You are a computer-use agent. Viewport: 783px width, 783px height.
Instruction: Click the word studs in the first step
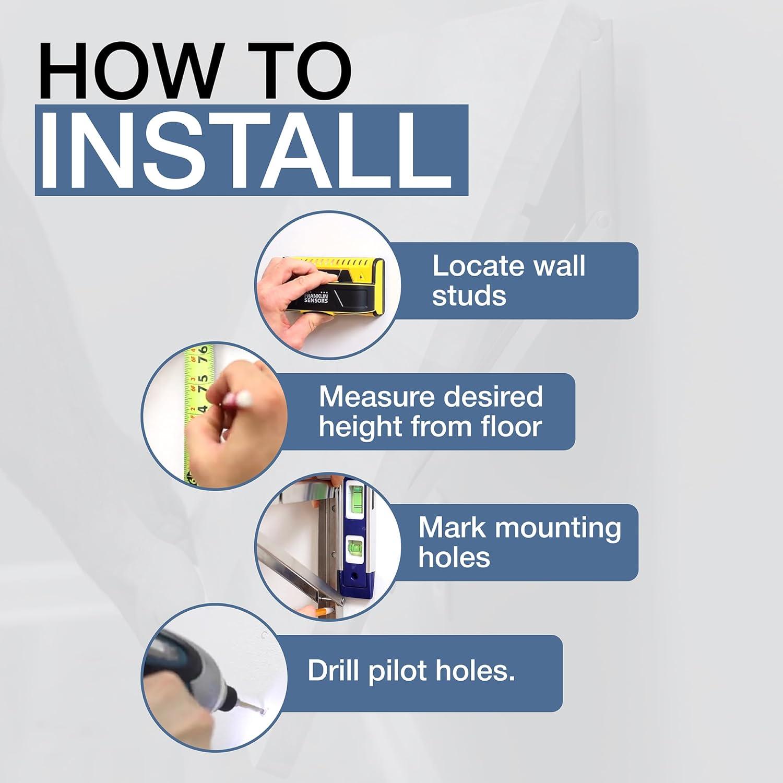click(x=469, y=296)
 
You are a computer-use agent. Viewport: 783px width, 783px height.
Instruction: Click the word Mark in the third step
click(x=452, y=528)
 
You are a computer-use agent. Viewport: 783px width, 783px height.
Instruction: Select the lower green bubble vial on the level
click(x=358, y=548)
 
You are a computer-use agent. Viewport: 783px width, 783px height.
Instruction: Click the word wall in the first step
click(x=559, y=266)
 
